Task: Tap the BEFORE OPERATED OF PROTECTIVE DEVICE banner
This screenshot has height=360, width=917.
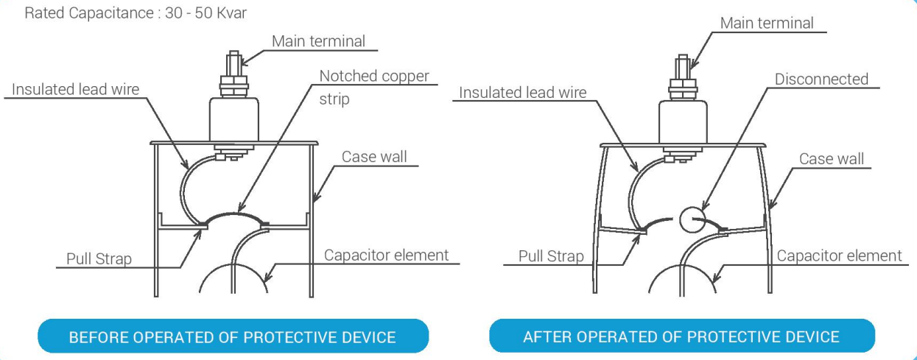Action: pyautogui.click(x=233, y=336)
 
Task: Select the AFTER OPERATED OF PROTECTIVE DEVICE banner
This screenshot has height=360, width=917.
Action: pyautogui.click(x=681, y=336)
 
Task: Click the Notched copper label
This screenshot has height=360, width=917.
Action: pyautogui.click(x=374, y=76)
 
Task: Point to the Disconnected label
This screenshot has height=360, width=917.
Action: pyautogui.click(x=821, y=79)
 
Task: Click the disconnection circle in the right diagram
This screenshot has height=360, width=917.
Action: pyautogui.click(x=692, y=219)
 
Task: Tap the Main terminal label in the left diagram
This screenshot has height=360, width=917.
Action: pyautogui.click(x=318, y=41)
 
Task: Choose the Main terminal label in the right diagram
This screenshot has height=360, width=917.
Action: pyautogui.click(x=767, y=23)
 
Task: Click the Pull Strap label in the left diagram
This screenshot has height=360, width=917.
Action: pyautogui.click(x=99, y=259)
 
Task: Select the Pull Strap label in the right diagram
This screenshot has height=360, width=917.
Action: pyautogui.click(x=551, y=256)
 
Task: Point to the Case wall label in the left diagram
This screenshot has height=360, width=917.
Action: pyautogui.click(x=374, y=157)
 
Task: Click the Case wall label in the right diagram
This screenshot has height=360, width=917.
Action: pyautogui.click(x=832, y=159)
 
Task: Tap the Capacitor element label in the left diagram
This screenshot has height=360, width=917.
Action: pyautogui.click(x=387, y=255)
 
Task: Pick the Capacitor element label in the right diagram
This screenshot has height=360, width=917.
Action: pyautogui.click(x=839, y=256)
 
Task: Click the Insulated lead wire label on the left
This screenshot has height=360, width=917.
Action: pyautogui.click(x=75, y=89)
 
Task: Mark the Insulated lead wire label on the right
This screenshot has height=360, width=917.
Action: pyautogui.click(x=523, y=93)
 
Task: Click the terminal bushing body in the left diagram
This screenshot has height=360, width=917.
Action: pyautogui.click(x=233, y=119)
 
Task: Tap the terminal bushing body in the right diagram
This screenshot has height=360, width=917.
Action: pyautogui.click(x=683, y=122)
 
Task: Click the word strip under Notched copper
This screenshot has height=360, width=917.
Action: pyautogui.click(x=334, y=99)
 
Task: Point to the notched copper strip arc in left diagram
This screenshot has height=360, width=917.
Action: pyautogui.click(x=236, y=213)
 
